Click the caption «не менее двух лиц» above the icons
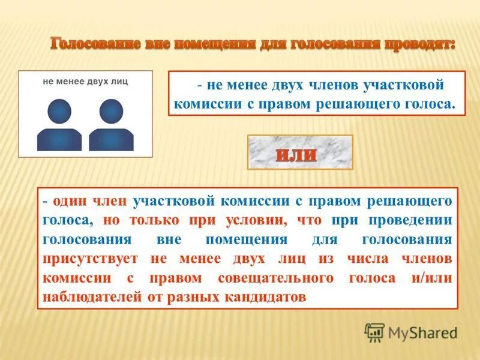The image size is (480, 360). pos(85,80)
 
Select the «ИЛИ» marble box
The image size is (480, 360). pos(300,152)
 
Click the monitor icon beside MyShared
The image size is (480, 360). pos(374,332)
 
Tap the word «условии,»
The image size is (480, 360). pos(259,221)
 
